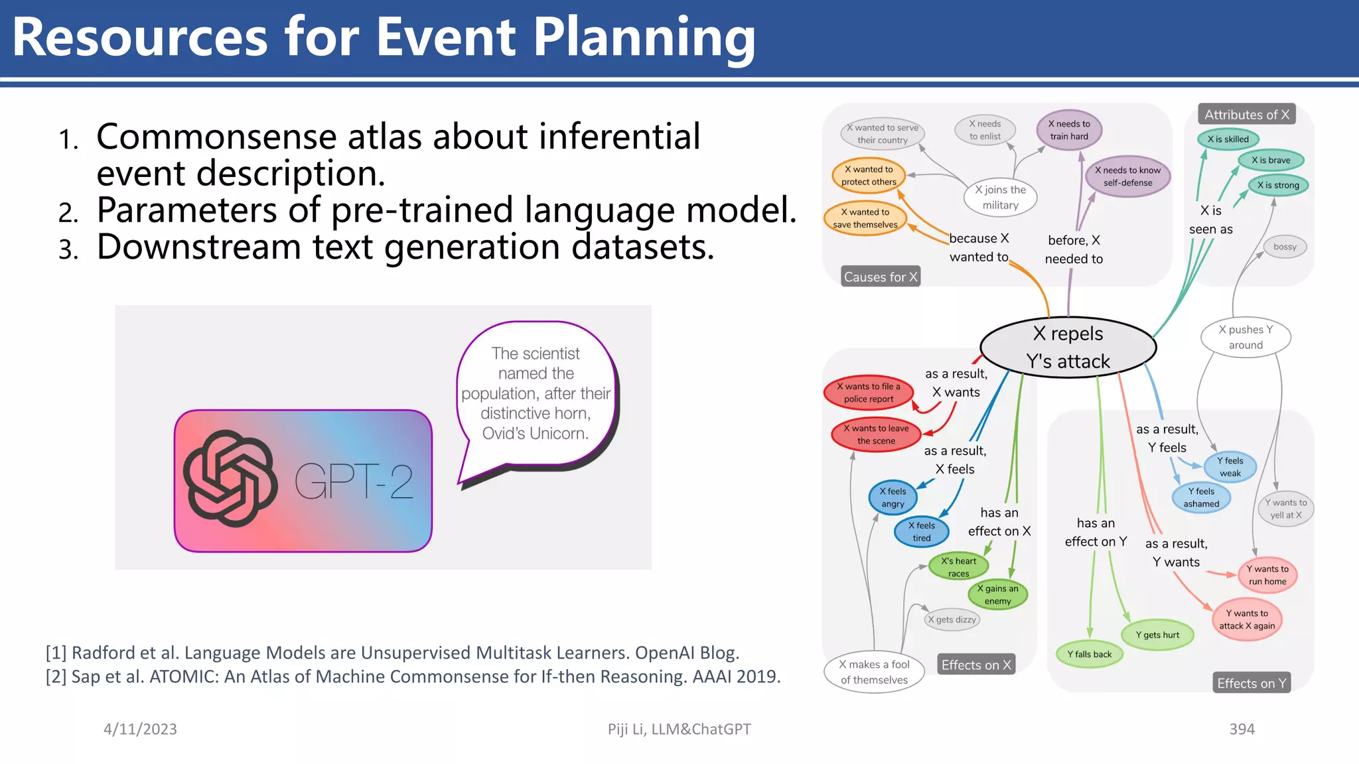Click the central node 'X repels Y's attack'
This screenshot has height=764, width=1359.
[1068, 347]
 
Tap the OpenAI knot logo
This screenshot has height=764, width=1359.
[230, 479]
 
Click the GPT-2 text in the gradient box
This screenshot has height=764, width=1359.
[354, 481]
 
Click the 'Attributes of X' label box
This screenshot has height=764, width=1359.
[1246, 114]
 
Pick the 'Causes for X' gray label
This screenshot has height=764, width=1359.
[880, 277]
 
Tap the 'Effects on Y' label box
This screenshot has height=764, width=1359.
[1252, 683]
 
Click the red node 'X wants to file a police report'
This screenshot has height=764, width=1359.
[868, 393]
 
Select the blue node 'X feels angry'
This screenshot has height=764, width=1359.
[893, 497]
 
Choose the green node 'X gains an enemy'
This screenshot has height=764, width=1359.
[997, 594]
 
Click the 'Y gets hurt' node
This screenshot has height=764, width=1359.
[1157, 635]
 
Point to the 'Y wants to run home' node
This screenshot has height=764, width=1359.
[1267, 575]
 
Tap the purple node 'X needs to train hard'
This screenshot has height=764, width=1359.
[1069, 130]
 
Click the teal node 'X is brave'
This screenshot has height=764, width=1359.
[1271, 160]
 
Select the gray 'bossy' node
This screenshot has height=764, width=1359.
[1285, 247]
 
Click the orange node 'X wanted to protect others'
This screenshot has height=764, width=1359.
[869, 176]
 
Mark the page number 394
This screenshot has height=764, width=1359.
[1242, 729]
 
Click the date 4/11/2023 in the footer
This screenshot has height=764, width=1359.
[140, 729]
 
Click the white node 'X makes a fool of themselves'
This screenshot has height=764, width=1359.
[874, 672]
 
